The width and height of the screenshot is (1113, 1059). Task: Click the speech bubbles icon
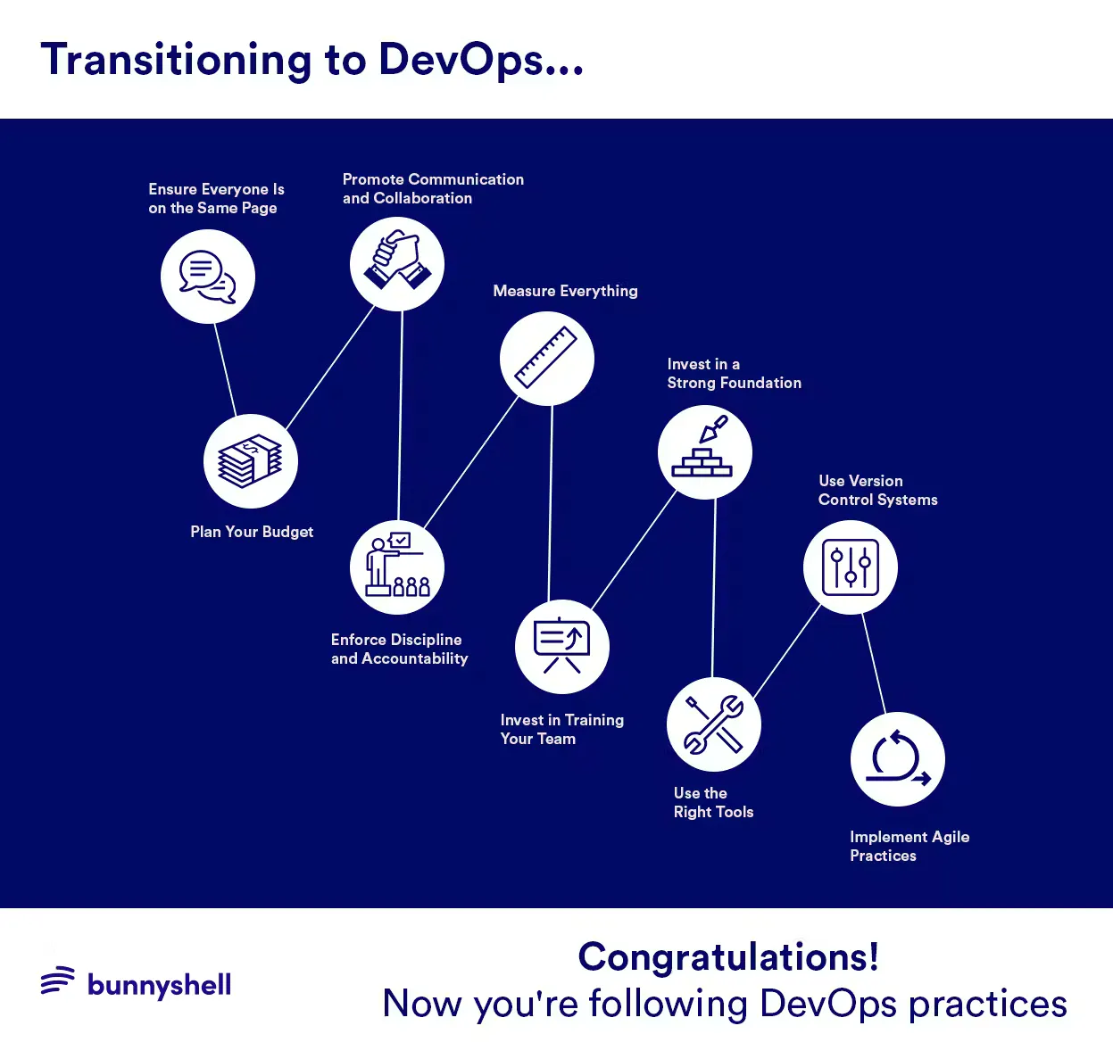(x=208, y=277)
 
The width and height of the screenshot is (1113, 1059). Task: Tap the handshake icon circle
(x=397, y=264)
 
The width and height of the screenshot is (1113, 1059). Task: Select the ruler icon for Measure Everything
(x=547, y=359)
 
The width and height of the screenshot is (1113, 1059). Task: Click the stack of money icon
(x=251, y=461)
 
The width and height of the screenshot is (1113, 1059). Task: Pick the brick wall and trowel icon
(x=704, y=452)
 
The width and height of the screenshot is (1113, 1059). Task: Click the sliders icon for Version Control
(x=851, y=567)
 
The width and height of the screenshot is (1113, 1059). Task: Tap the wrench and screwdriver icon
(x=713, y=724)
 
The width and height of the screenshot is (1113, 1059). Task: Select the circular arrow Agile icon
(x=898, y=759)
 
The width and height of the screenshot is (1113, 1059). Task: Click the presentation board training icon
(x=562, y=647)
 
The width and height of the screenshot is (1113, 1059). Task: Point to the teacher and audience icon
(x=397, y=567)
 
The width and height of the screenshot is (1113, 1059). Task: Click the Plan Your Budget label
(x=252, y=532)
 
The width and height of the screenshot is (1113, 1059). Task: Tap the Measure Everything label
(x=565, y=291)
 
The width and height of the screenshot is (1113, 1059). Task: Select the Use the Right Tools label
(x=713, y=803)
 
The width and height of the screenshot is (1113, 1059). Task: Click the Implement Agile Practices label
(x=909, y=846)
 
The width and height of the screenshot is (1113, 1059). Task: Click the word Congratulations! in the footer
(x=728, y=957)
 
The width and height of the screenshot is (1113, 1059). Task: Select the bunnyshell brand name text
(x=160, y=985)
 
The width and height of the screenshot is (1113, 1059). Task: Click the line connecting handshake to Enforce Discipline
(x=400, y=415)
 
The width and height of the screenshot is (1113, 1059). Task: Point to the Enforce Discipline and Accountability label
(x=399, y=649)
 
